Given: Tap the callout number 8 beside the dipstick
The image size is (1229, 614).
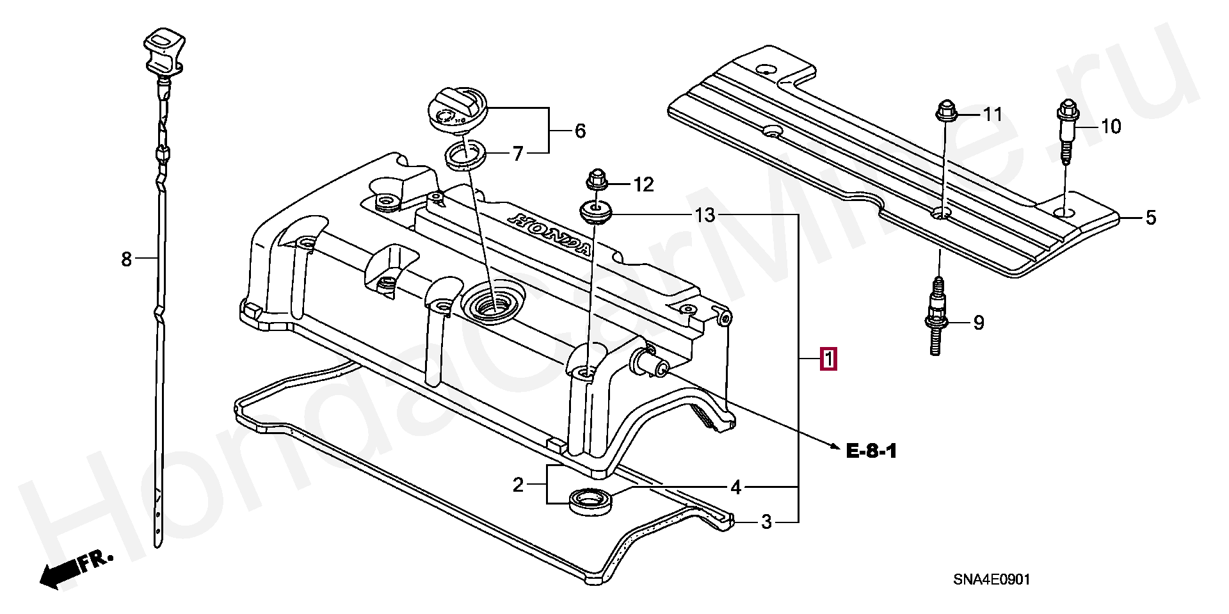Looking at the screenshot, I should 126,259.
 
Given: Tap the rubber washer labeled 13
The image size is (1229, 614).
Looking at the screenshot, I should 596,211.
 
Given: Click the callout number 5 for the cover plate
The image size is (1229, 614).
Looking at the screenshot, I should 1150,218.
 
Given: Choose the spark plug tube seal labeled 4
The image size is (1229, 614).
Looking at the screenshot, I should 590,500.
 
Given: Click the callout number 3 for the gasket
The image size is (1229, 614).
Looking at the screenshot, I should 766,522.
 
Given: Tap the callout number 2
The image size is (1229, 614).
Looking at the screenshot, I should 518,485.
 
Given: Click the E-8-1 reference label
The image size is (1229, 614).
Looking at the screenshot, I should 871,451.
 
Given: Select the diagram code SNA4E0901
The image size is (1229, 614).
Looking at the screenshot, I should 992,579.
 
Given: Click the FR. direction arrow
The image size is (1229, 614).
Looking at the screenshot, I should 74,570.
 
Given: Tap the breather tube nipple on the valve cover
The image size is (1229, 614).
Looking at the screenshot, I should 649,363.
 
